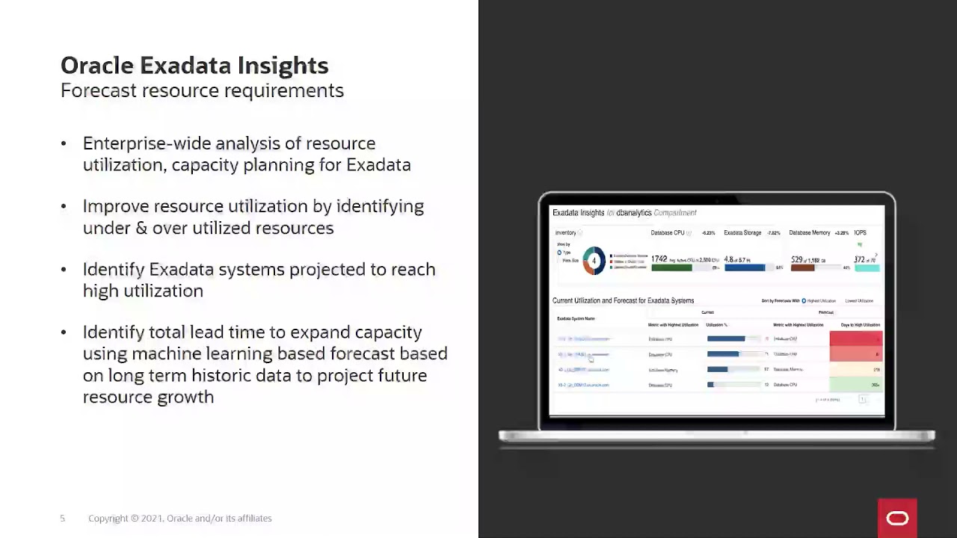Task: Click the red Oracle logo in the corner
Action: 897,519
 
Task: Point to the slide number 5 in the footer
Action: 63,519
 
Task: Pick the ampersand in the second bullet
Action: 141,229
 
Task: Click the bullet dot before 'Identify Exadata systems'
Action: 64,270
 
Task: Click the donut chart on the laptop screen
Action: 594,261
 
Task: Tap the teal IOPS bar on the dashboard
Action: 867,268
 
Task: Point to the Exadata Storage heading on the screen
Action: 742,233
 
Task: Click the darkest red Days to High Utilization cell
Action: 856,339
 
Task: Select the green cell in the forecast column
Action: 856,385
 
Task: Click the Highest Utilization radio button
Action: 804,301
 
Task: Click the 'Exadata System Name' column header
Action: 576,319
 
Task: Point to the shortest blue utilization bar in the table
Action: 710,385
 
